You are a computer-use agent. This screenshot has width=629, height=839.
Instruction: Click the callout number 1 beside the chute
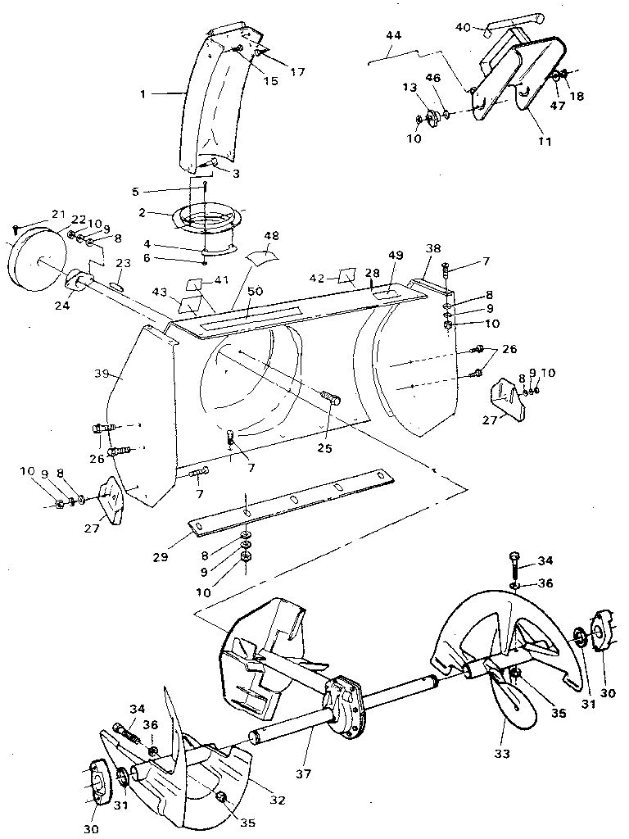pyautogui.click(x=143, y=94)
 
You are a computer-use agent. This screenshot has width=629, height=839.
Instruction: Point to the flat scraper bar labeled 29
pyautogui.click(x=287, y=502)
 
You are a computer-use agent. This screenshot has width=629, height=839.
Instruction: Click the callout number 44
pyautogui.click(x=394, y=35)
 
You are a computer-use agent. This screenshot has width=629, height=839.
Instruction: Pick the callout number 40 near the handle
pyautogui.click(x=463, y=26)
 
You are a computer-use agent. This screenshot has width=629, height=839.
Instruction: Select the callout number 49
pyautogui.click(x=396, y=255)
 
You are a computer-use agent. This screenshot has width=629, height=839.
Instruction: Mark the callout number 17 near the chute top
pyautogui.click(x=296, y=72)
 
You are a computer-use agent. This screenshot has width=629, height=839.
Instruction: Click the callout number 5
pyautogui.click(x=136, y=193)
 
